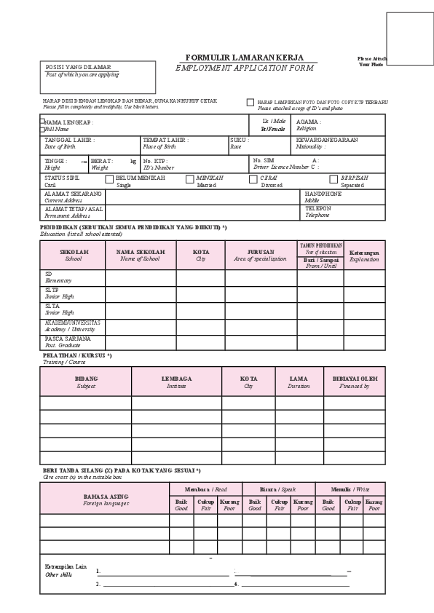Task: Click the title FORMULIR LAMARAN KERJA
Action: coord(245,57)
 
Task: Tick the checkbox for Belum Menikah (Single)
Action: coord(110,178)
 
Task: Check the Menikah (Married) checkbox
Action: coord(190,178)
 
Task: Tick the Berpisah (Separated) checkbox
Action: coord(334,178)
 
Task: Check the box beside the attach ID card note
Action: coord(250,103)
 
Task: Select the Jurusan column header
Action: coord(261,255)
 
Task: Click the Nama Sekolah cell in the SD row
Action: coord(140,278)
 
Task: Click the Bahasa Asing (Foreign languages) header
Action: coord(105,499)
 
